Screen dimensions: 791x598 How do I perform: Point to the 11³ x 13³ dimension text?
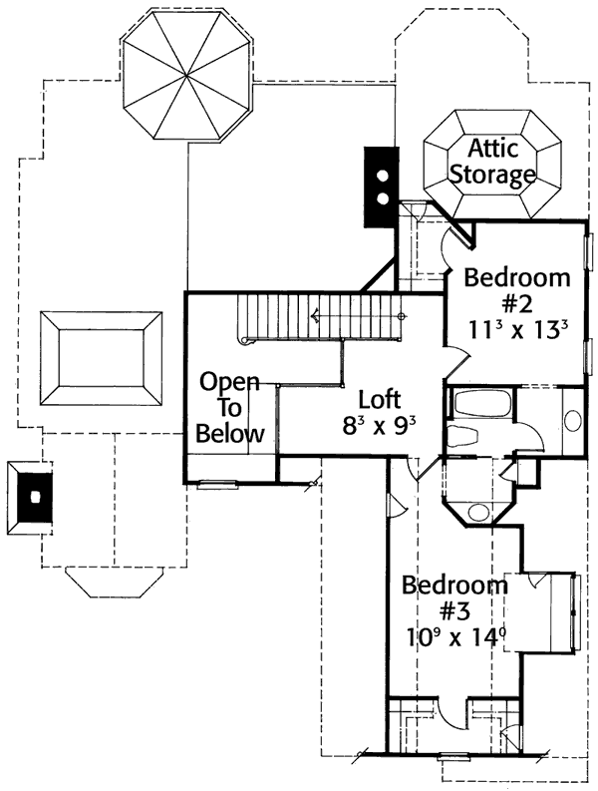pos(518,330)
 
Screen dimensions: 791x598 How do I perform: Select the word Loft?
pos(379,401)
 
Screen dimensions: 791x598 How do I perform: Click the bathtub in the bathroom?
pos(480,407)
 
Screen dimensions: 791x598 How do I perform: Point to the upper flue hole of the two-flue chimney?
pos(381,174)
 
